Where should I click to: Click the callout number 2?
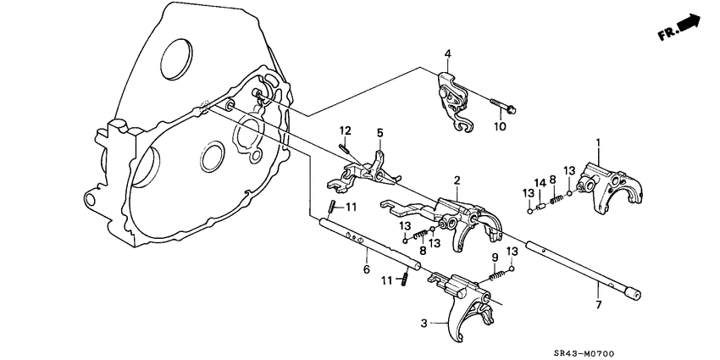pos(457,180)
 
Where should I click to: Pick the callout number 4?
pos(448,56)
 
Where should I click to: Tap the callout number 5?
pos(380,132)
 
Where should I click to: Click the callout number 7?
pos(599,304)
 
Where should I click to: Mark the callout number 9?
pos(496,258)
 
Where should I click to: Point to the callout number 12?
pos(346,130)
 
